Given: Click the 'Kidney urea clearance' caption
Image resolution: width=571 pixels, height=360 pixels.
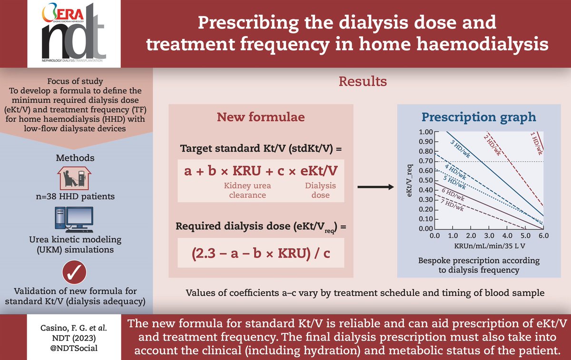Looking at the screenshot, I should pos(245,190).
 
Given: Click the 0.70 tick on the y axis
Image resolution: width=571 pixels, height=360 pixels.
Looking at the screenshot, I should pos(426,161).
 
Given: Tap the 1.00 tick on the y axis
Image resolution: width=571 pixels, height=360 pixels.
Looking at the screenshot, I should pos(426,132).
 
